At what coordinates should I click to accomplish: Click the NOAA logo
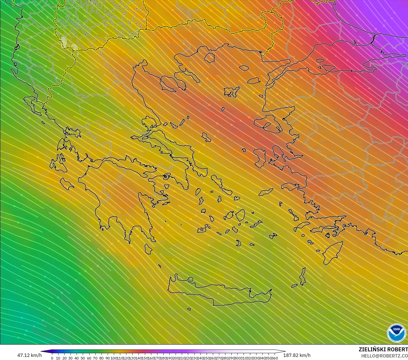click(x=396, y=333)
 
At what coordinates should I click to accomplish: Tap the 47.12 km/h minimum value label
click(x=29, y=355)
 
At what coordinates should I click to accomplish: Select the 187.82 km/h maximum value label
click(x=297, y=355)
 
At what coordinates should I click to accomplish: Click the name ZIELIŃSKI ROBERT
click(x=383, y=350)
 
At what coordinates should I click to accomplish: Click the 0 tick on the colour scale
click(x=52, y=358)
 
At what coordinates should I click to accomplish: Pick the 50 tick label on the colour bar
click(x=83, y=358)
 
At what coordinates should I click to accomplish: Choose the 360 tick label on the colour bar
click(x=275, y=358)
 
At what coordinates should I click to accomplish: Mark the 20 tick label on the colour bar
click(x=64, y=358)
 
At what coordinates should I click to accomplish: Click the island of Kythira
click(x=148, y=249)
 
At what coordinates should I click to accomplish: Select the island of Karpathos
click(x=303, y=276)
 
